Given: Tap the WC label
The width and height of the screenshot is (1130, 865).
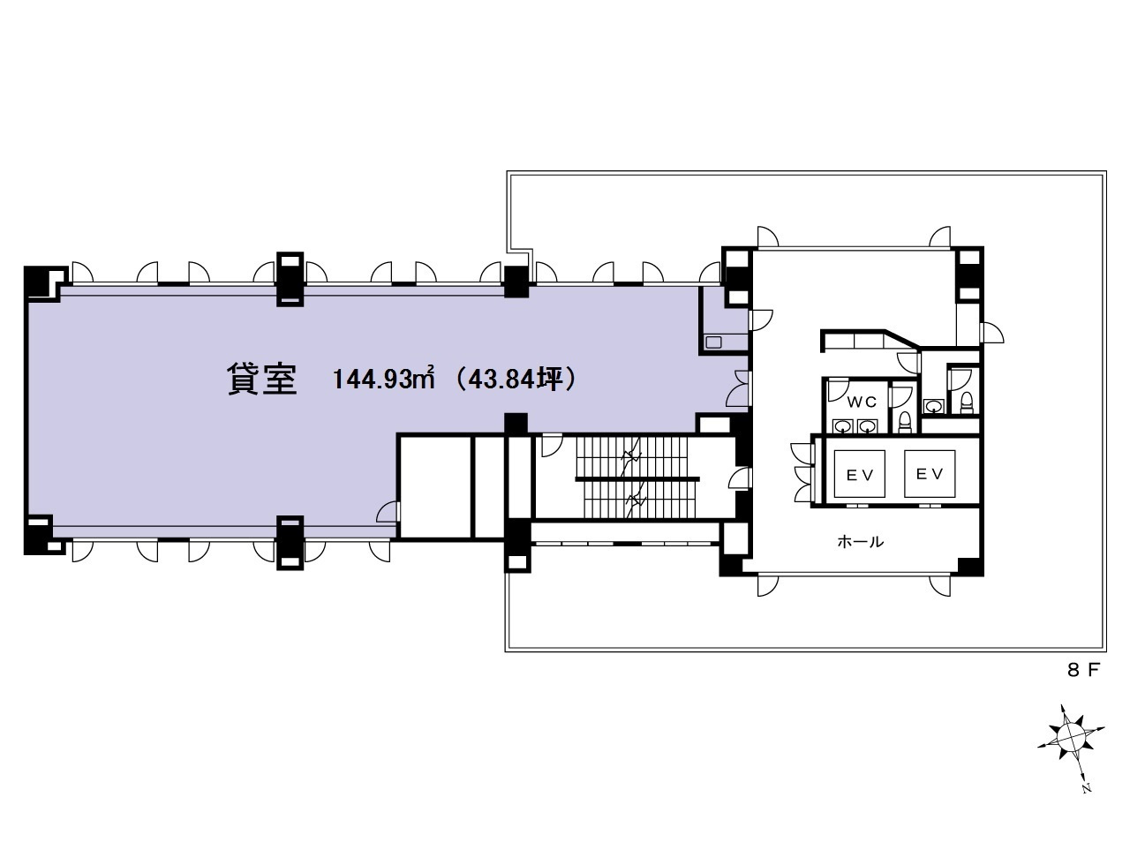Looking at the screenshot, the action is [862, 402].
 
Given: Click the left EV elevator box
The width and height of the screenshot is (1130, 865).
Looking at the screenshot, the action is [859, 474].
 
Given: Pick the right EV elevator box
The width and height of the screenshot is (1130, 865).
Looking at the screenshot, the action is [930, 474].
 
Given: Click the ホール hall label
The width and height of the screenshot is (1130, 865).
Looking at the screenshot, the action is [860, 542].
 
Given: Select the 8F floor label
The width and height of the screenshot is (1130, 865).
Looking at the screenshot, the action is [1084, 671].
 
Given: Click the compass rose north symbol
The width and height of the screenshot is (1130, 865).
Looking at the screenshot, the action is [1071, 736].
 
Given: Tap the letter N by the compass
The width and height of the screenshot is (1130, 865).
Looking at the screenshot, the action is [1087, 788].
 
